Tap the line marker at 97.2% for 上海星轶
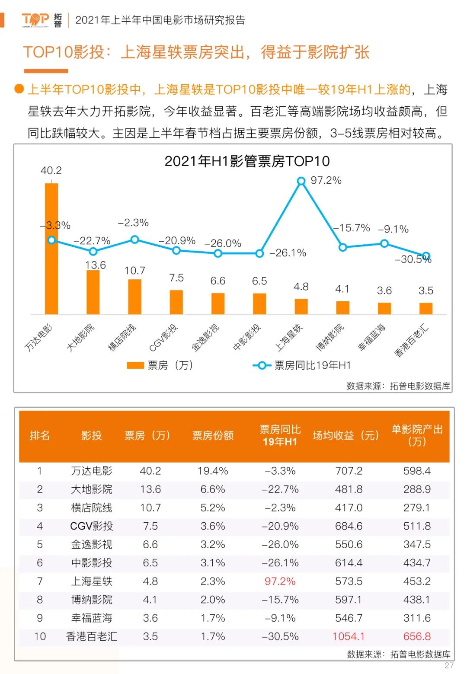point(301,181)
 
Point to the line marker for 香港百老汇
point(426,256)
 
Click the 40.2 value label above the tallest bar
point(51,170)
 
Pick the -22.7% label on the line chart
point(92,240)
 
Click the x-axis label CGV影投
point(163,337)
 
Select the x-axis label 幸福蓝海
point(371,337)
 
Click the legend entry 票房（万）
point(160,365)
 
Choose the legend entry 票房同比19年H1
point(303,365)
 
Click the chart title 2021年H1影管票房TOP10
point(247,161)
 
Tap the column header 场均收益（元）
point(345,435)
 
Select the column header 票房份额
point(213,435)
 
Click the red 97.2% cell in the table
point(280,581)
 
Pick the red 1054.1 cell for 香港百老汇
point(349,636)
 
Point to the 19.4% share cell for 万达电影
point(213,471)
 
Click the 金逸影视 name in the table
point(92,544)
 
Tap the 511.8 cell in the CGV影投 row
point(417,526)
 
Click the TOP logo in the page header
point(35,19)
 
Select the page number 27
point(449,665)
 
